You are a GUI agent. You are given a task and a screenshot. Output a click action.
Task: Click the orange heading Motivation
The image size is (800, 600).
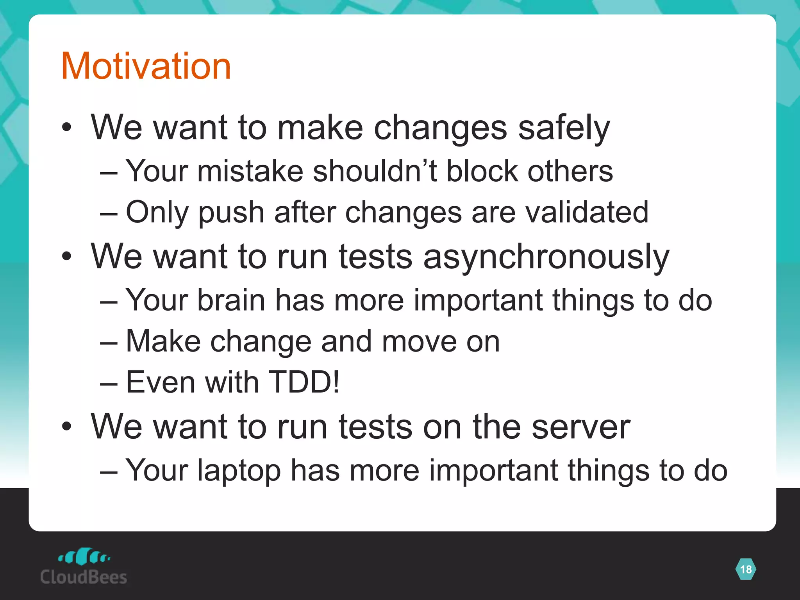(146, 66)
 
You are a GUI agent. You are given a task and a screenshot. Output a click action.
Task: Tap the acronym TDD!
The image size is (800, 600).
(304, 382)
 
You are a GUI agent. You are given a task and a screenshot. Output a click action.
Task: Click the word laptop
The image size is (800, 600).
(239, 471)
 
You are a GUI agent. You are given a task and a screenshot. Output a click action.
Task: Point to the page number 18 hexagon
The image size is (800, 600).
(745, 569)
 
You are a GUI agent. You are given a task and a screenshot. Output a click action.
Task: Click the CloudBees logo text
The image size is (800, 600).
(84, 577)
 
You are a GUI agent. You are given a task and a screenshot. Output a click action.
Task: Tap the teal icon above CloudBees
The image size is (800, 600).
(84, 556)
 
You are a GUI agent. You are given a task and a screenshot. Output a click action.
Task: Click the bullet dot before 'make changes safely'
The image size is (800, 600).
(67, 127)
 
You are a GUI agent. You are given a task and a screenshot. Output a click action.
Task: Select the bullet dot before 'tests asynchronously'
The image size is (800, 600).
(67, 257)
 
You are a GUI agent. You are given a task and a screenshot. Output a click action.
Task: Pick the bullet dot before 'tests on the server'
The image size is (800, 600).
(67, 427)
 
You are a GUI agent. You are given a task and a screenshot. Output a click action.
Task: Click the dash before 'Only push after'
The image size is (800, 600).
(109, 214)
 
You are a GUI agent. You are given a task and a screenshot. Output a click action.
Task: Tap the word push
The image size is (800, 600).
(231, 213)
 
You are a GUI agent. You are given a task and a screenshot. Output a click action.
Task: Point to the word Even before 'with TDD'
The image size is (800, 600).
(160, 382)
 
